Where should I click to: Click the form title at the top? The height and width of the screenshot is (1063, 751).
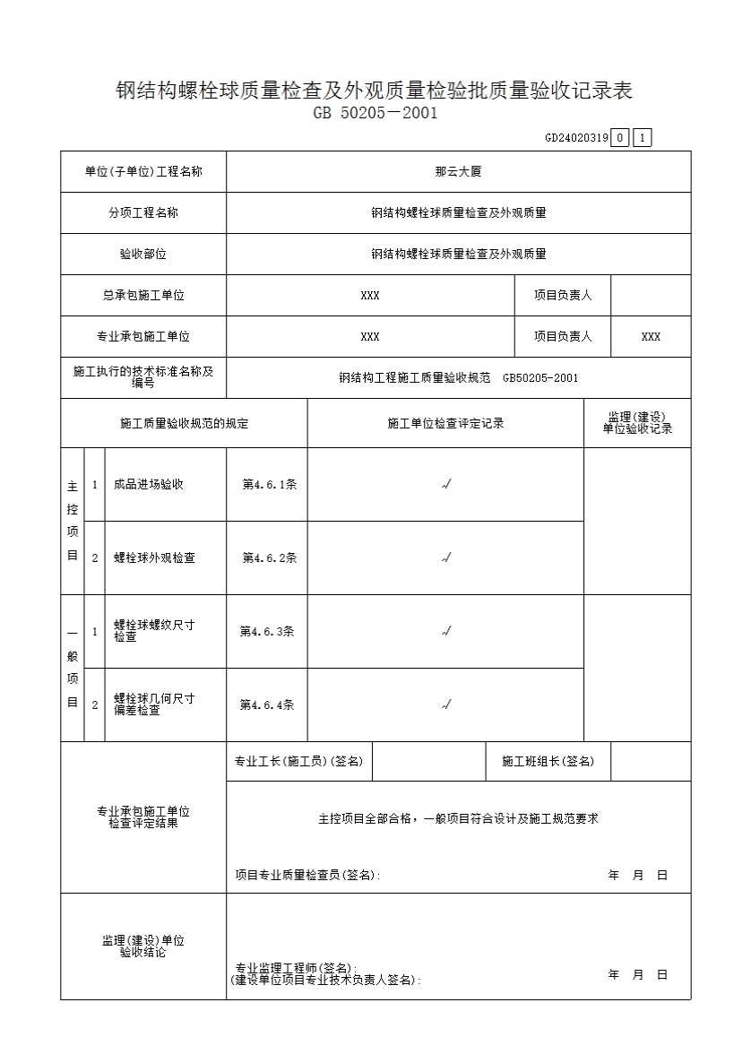pyautogui.click(x=375, y=91)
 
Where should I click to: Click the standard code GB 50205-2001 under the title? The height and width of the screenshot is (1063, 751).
pyautogui.click(x=375, y=114)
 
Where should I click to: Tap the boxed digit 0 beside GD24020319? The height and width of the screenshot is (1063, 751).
pyautogui.click(x=620, y=138)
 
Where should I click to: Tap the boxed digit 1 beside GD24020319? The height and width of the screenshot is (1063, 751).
pyautogui.click(x=642, y=138)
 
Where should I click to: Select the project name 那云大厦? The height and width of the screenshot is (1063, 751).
pyautogui.click(x=458, y=172)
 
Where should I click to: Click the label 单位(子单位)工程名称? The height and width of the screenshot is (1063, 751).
pyautogui.click(x=143, y=172)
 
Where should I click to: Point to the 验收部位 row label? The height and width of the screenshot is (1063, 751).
pyautogui.click(x=143, y=255)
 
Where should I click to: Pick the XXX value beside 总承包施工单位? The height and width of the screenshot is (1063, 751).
pyautogui.click(x=369, y=296)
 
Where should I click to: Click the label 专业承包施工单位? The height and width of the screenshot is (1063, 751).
pyautogui.click(x=143, y=337)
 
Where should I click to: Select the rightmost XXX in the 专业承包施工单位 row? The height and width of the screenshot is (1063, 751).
pyautogui.click(x=651, y=337)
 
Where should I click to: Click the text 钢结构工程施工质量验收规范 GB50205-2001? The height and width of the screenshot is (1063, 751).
pyautogui.click(x=458, y=378)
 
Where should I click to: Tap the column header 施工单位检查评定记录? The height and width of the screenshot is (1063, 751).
pyautogui.click(x=445, y=424)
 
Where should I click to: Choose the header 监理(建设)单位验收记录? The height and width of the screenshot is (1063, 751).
pyautogui.click(x=637, y=424)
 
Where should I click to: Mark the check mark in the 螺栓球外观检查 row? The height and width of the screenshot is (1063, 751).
pyautogui.click(x=445, y=558)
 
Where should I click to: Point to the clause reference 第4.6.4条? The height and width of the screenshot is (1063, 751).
pyautogui.click(x=266, y=705)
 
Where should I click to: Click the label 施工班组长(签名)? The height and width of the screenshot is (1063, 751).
pyautogui.click(x=548, y=762)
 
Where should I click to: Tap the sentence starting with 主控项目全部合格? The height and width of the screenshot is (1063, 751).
pyautogui.click(x=458, y=818)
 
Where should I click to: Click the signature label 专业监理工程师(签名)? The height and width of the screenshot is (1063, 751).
pyautogui.click(x=296, y=969)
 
